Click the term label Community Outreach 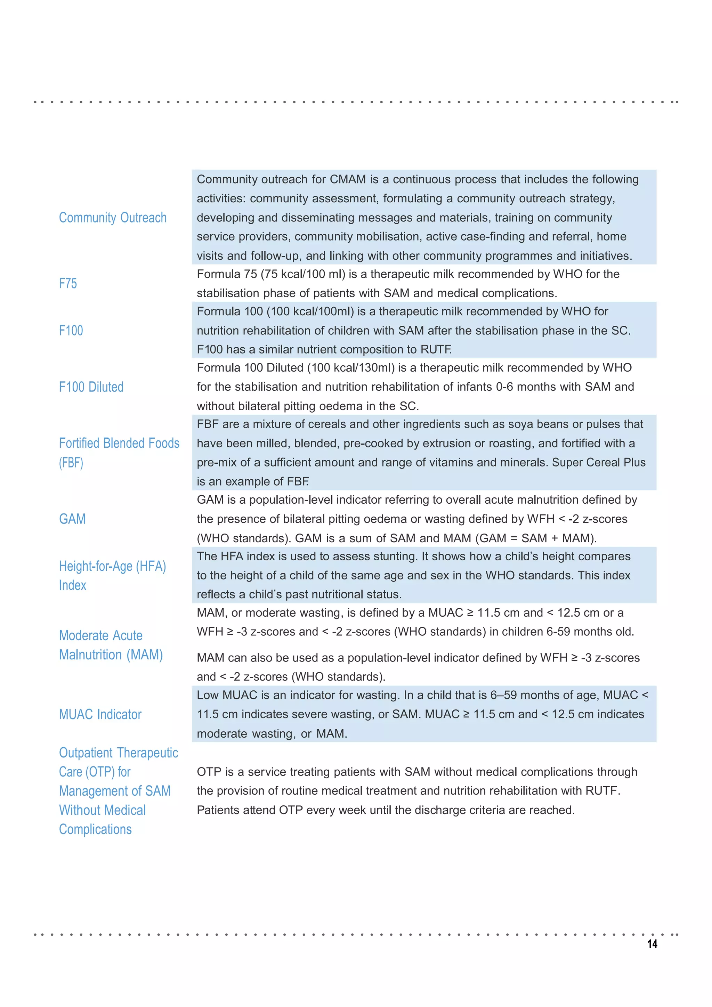pyautogui.click(x=113, y=218)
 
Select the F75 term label pyautogui.click(x=68, y=283)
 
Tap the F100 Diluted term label pyautogui.click(x=91, y=387)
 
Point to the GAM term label pyautogui.click(x=72, y=519)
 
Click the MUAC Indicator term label pyautogui.click(x=100, y=714)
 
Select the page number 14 pyautogui.click(x=652, y=944)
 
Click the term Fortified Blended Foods pyautogui.click(x=119, y=444)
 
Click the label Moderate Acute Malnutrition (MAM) pyautogui.click(x=111, y=645)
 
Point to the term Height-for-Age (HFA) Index pyautogui.click(x=112, y=575)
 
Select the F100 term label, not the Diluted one pyautogui.click(x=71, y=330)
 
